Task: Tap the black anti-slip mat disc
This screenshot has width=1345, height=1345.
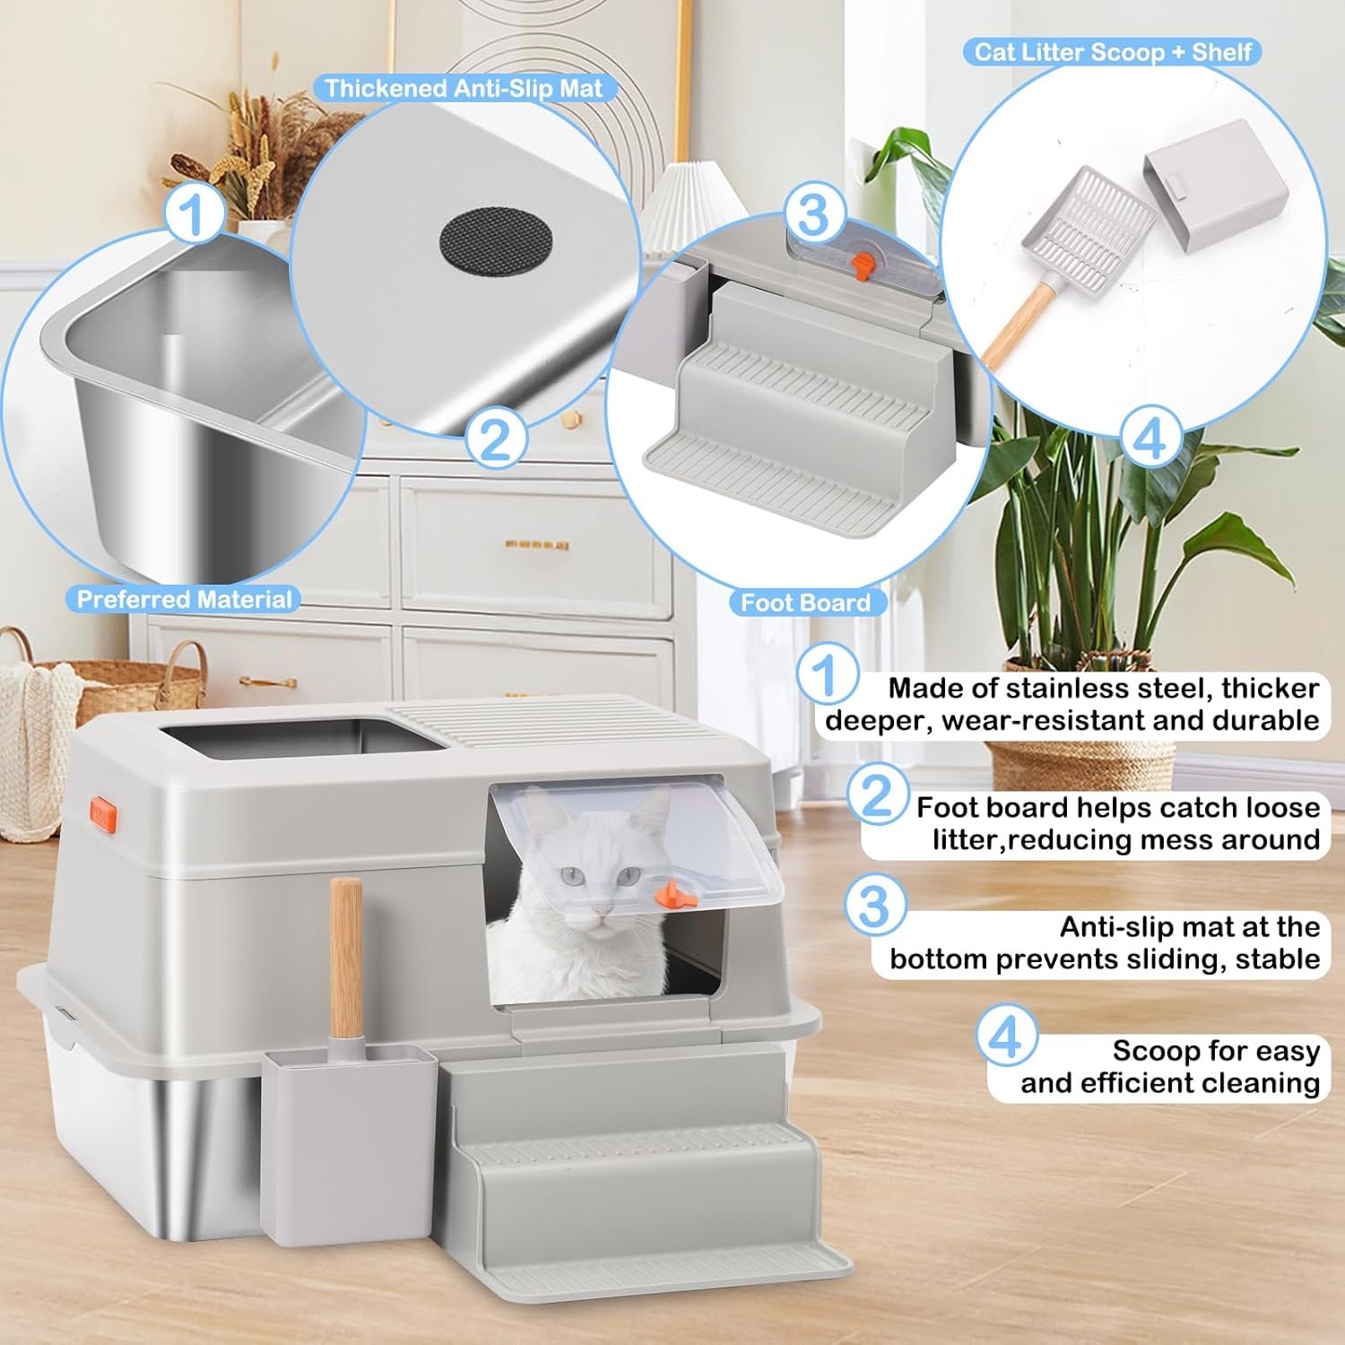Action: tap(495, 239)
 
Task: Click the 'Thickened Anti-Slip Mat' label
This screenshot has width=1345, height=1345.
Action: tap(464, 89)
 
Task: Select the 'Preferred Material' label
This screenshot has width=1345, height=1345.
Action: tap(184, 600)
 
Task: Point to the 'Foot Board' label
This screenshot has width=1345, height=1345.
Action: tap(805, 603)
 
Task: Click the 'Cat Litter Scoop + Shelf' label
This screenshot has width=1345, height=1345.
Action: tap(1113, 52)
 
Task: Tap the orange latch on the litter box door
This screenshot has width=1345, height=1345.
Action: tap(665, 892)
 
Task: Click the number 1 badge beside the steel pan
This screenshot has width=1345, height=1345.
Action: tap(193, 216)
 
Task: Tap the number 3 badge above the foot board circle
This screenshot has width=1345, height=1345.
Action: tap(812, 214)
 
